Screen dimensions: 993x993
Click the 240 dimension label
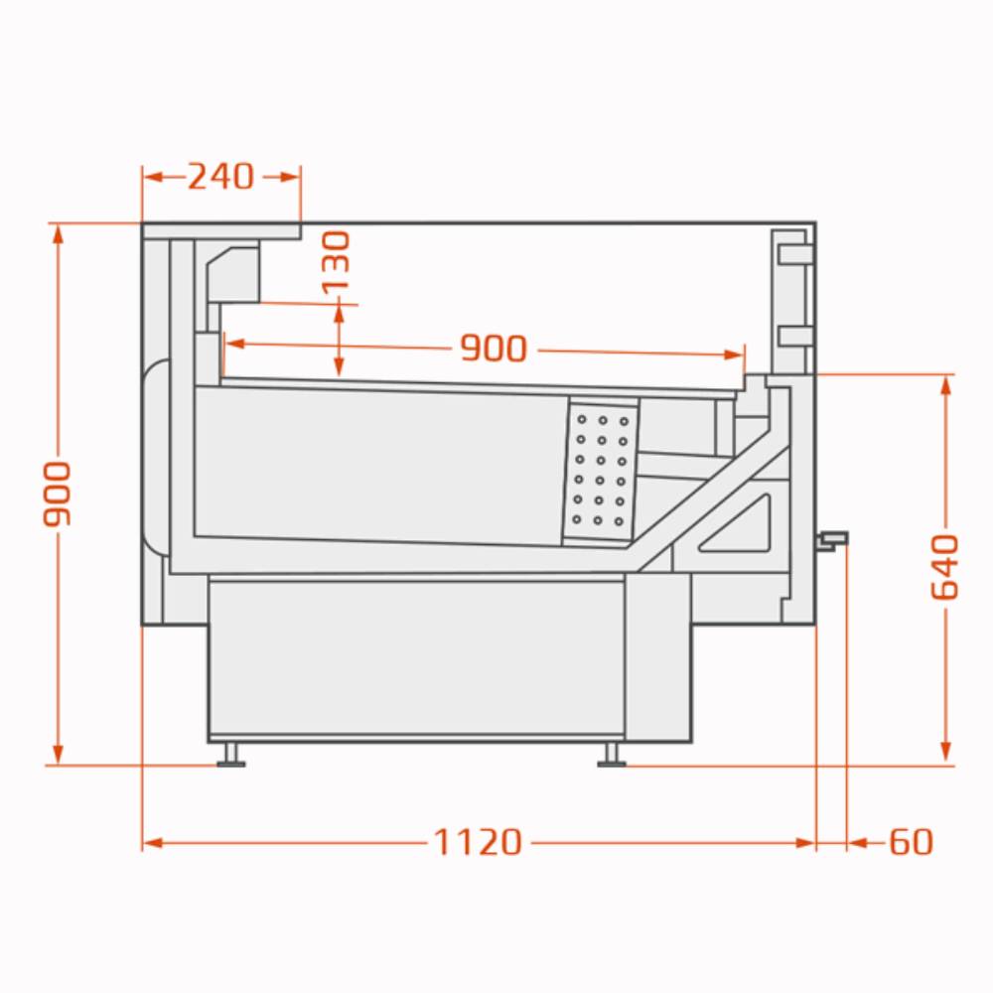click(x=220, y=177)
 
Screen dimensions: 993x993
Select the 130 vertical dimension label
click(x=336, y=262)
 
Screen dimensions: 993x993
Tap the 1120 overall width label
click(x=478, y=843)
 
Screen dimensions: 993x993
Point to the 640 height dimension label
click(x=945, y=567)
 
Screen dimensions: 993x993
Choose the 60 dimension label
click(x=912, y=843)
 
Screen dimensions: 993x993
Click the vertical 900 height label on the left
click(x=57, y=494)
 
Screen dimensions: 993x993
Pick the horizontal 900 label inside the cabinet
click(x=494, y=349)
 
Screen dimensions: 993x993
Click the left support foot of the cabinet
click(x=230, y=755)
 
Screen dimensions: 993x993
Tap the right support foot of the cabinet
click(x=611, y=755)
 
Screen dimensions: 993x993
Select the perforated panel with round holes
click(x=601, y=470)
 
